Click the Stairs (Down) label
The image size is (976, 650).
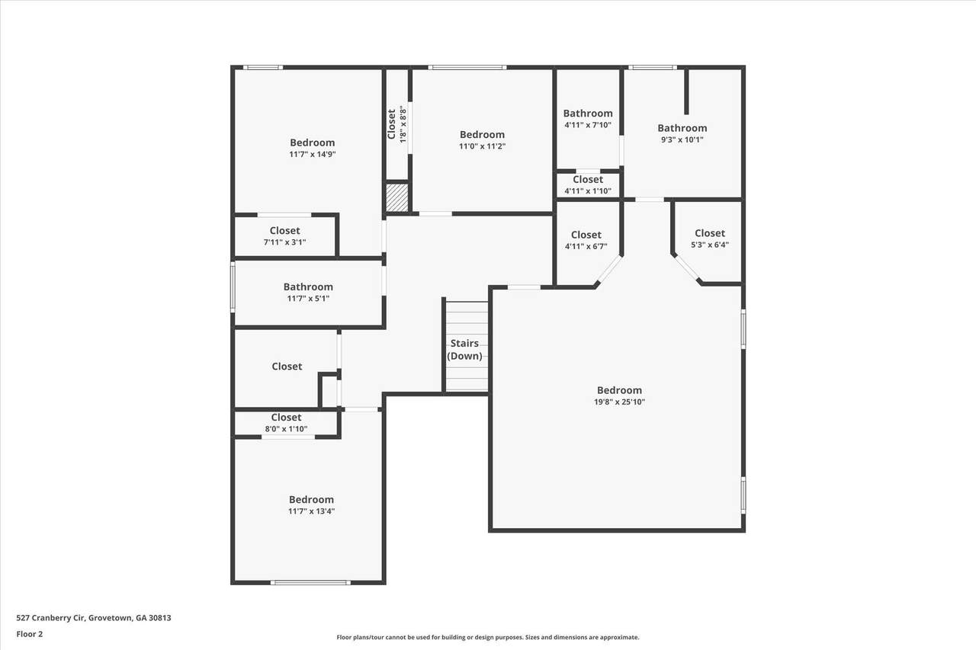point(464,350)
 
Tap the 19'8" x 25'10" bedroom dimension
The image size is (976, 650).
point(619,402)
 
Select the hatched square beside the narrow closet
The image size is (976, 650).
point(397,197)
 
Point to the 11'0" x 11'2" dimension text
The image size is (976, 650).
point(482,146)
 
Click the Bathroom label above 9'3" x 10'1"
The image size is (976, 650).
point(682,128)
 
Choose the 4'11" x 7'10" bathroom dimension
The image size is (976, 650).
point(588,125)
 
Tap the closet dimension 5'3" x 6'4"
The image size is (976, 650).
point(710,245)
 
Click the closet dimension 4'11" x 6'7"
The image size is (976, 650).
point(586,246)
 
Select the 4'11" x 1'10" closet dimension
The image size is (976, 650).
point(588,191)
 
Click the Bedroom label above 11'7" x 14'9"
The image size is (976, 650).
point(312,142)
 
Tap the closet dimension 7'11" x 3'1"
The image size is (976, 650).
point(284,242)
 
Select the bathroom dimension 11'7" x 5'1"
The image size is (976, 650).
point(308,299)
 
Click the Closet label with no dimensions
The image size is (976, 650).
point(287,367)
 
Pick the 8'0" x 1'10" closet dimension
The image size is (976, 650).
point(286,429)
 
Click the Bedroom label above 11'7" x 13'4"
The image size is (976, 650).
point(311,499)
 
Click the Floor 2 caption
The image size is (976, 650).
point(30,634)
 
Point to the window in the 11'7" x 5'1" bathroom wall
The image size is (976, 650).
point(233,287)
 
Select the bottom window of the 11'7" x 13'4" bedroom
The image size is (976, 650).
point(310,582)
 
